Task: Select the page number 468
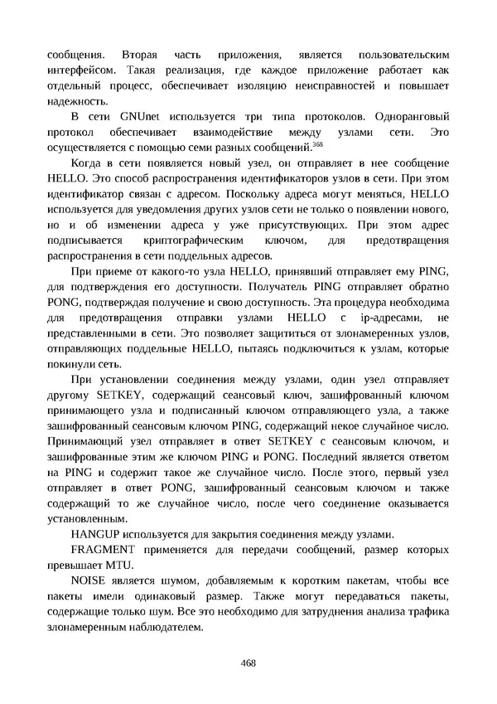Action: click(x=248, y=662)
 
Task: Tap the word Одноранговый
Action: click(x=411, y=115)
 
